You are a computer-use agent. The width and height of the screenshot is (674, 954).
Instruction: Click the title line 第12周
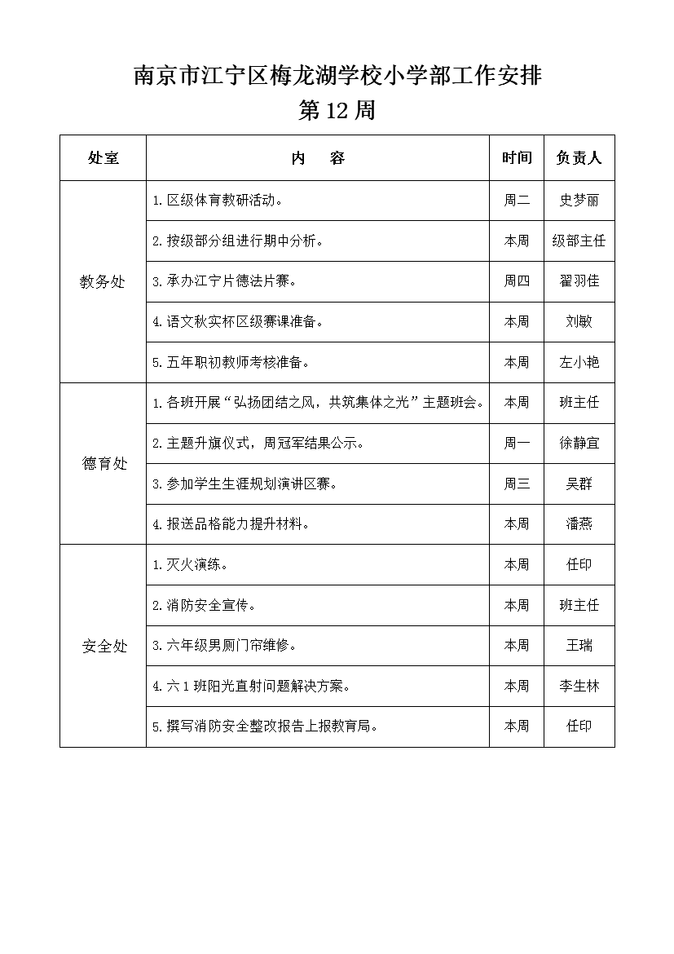pos(337,111)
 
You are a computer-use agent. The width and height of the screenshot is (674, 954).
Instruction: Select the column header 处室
pos(103,158)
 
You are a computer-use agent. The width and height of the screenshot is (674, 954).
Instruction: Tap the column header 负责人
pos(579,158)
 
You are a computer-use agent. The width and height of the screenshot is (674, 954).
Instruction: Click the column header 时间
pos(517,158)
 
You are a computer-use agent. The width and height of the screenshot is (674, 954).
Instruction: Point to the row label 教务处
pos(103,282)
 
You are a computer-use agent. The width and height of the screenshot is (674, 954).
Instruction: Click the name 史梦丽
pos(579,201)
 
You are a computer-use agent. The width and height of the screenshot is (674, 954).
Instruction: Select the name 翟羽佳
pos(579,281)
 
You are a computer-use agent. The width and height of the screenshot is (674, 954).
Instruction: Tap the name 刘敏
pos(579,322)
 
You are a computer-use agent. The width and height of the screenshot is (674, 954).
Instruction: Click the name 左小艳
pos(579,363)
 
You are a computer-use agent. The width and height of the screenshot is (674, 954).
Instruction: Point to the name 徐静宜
pos(579,444)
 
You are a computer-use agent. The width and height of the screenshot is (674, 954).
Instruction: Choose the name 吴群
pos(579,484)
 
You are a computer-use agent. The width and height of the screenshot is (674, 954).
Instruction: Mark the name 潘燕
pos(579,524)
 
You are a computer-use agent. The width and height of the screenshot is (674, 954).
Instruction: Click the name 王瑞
pos(579,646)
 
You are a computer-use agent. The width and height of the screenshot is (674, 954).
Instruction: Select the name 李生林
pos(579,687)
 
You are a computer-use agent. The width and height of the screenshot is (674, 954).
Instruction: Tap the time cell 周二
pos(517,201)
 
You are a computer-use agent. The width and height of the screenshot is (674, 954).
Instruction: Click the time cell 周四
pos(517,281)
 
